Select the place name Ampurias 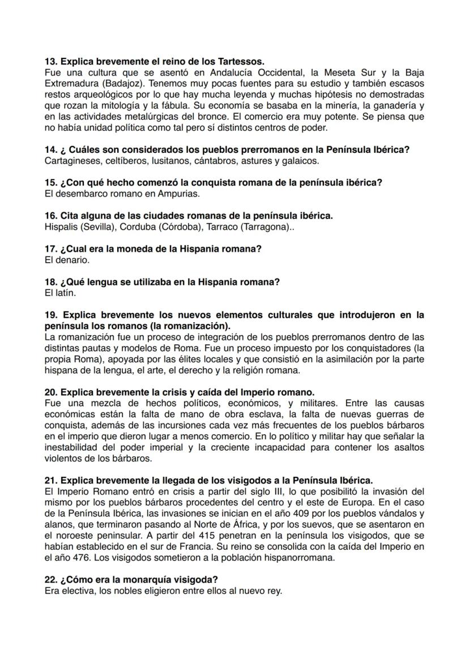tap(180, 194)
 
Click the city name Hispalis tap(60, 227)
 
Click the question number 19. tap(50, 315)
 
